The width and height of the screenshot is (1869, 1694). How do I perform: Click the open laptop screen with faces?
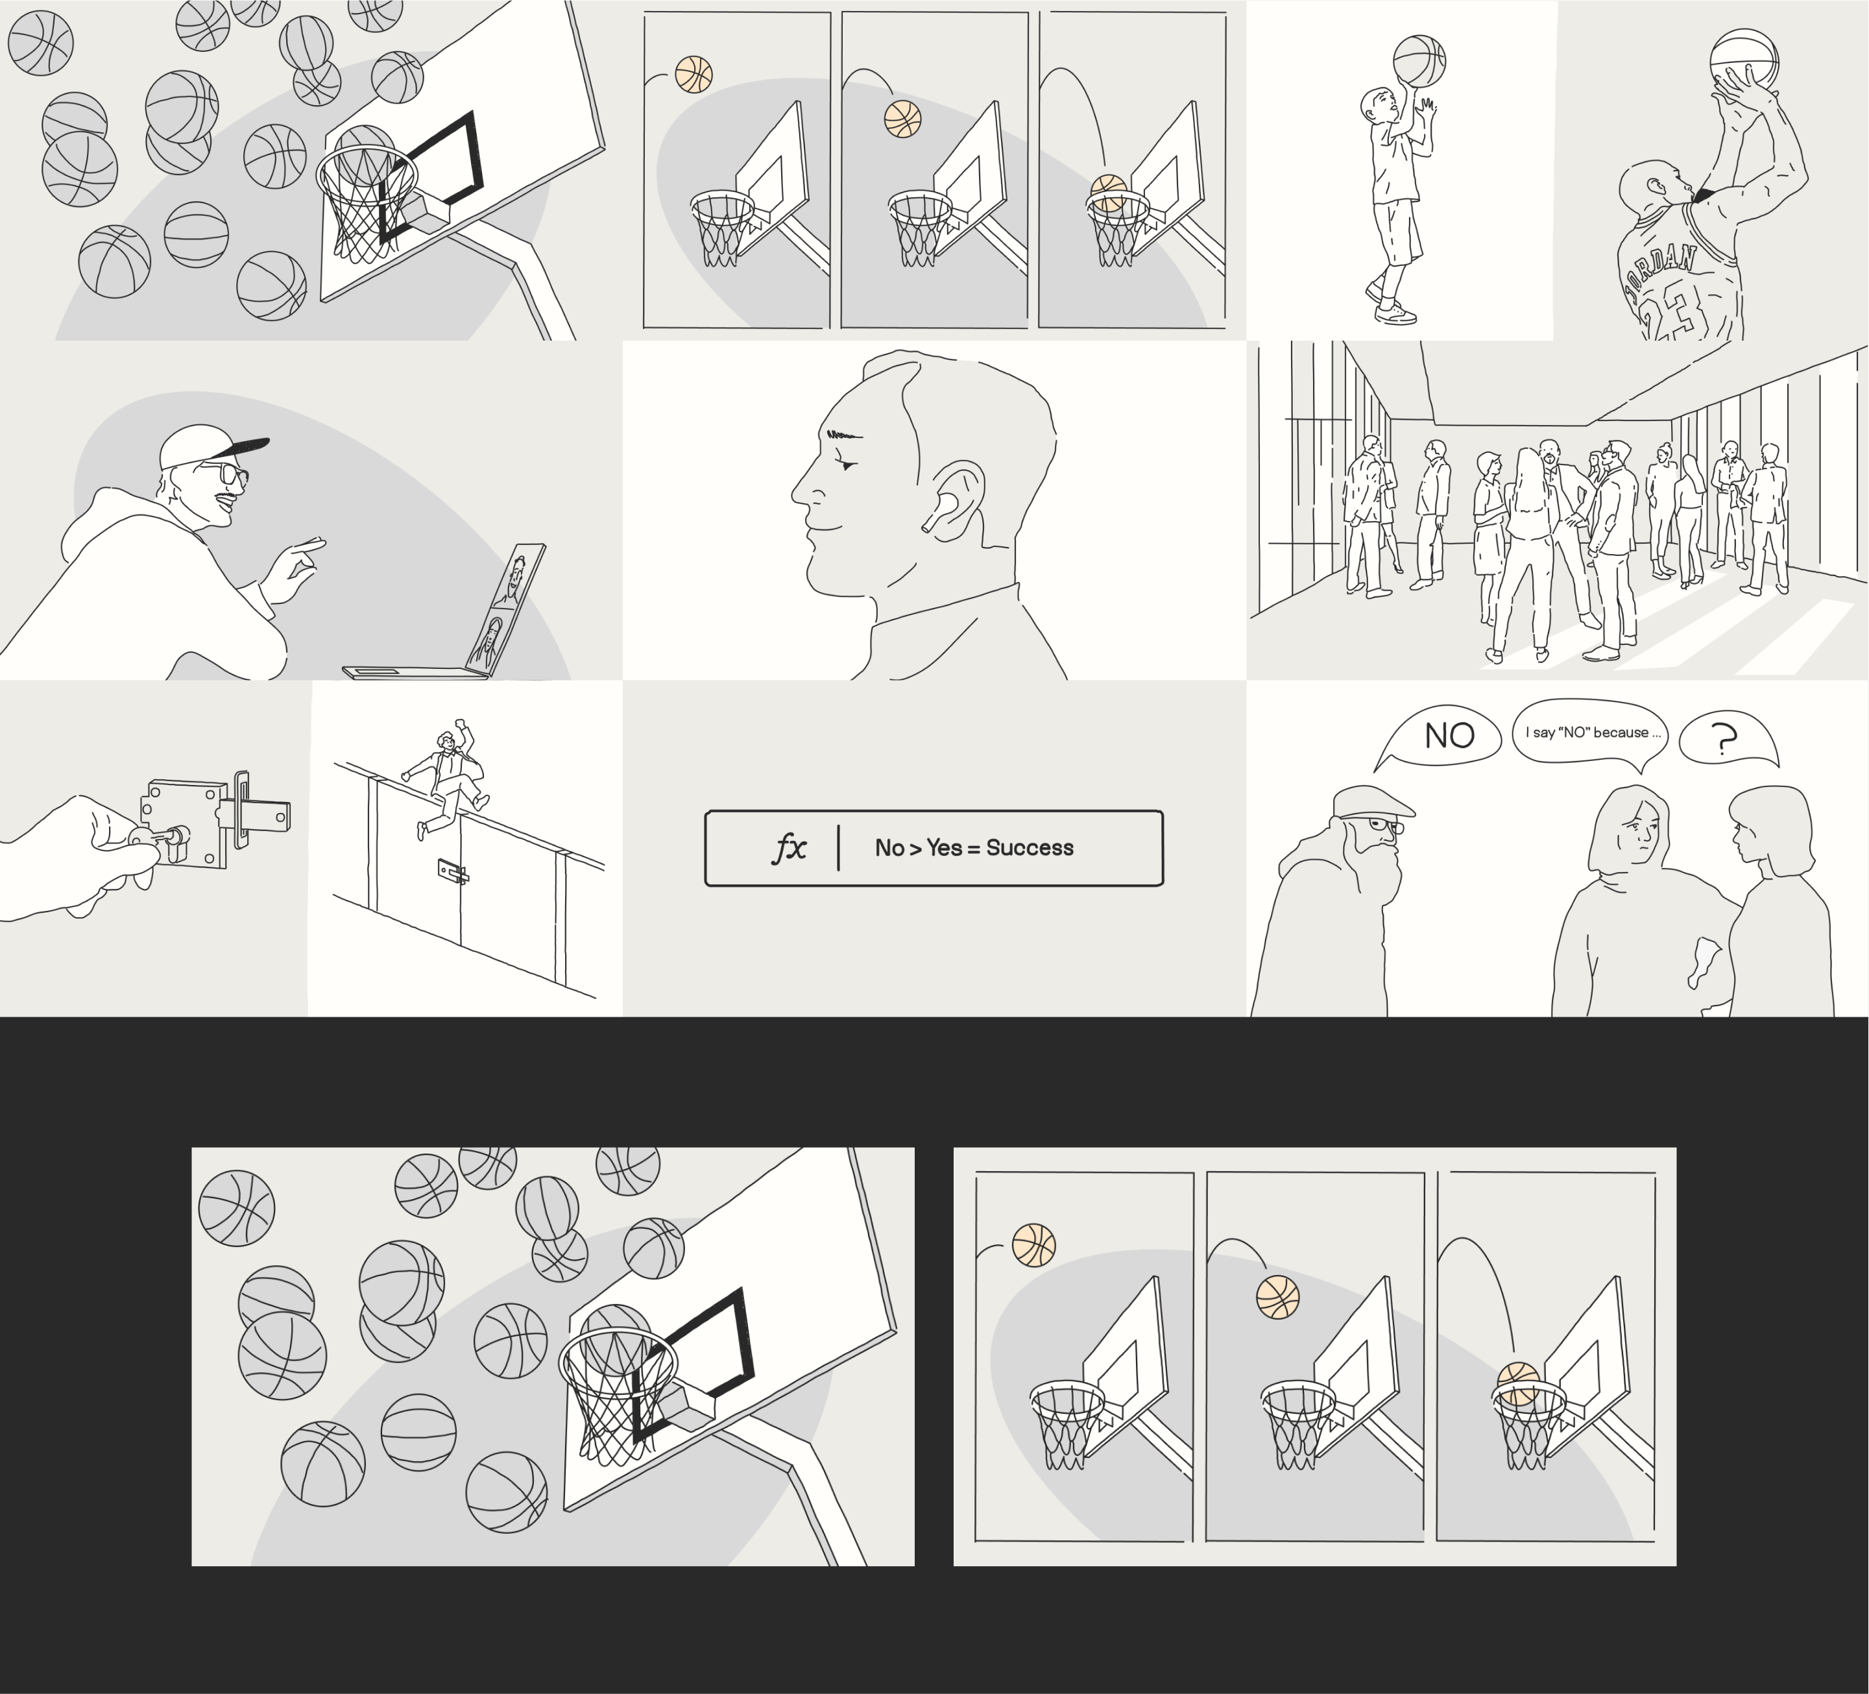(x=506, y=610)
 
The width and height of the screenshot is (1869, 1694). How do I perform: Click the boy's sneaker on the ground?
(x=1396, y=313)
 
